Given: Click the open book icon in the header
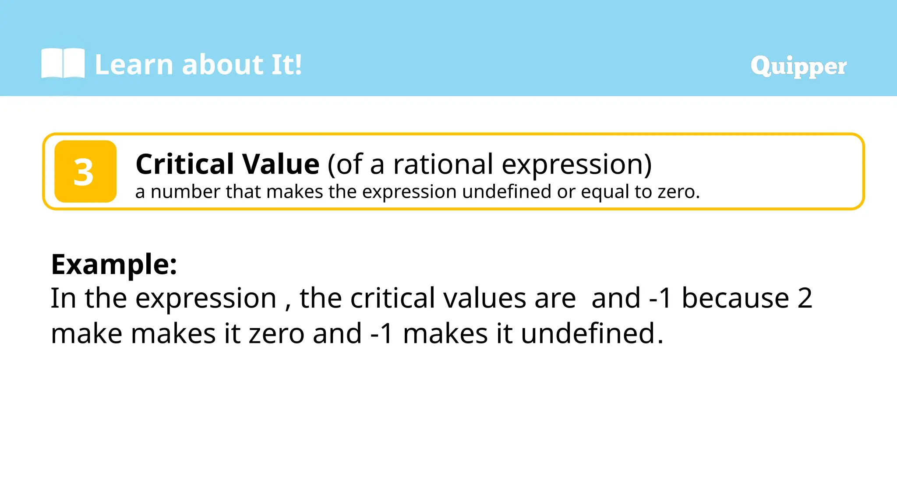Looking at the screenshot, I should [x=63, y=64].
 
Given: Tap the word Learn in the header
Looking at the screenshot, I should [x=134, y=65].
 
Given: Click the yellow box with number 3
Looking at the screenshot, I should [x=85, y=171].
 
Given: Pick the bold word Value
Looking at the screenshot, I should [x=281, y=164].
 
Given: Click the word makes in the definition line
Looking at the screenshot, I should [x=294, y=192].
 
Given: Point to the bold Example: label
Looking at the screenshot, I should [x=114, y=264].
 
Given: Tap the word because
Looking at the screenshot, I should [x=735, y=298].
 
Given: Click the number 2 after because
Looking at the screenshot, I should [x=805, y=298].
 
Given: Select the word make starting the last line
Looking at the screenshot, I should [x=86, y=333].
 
